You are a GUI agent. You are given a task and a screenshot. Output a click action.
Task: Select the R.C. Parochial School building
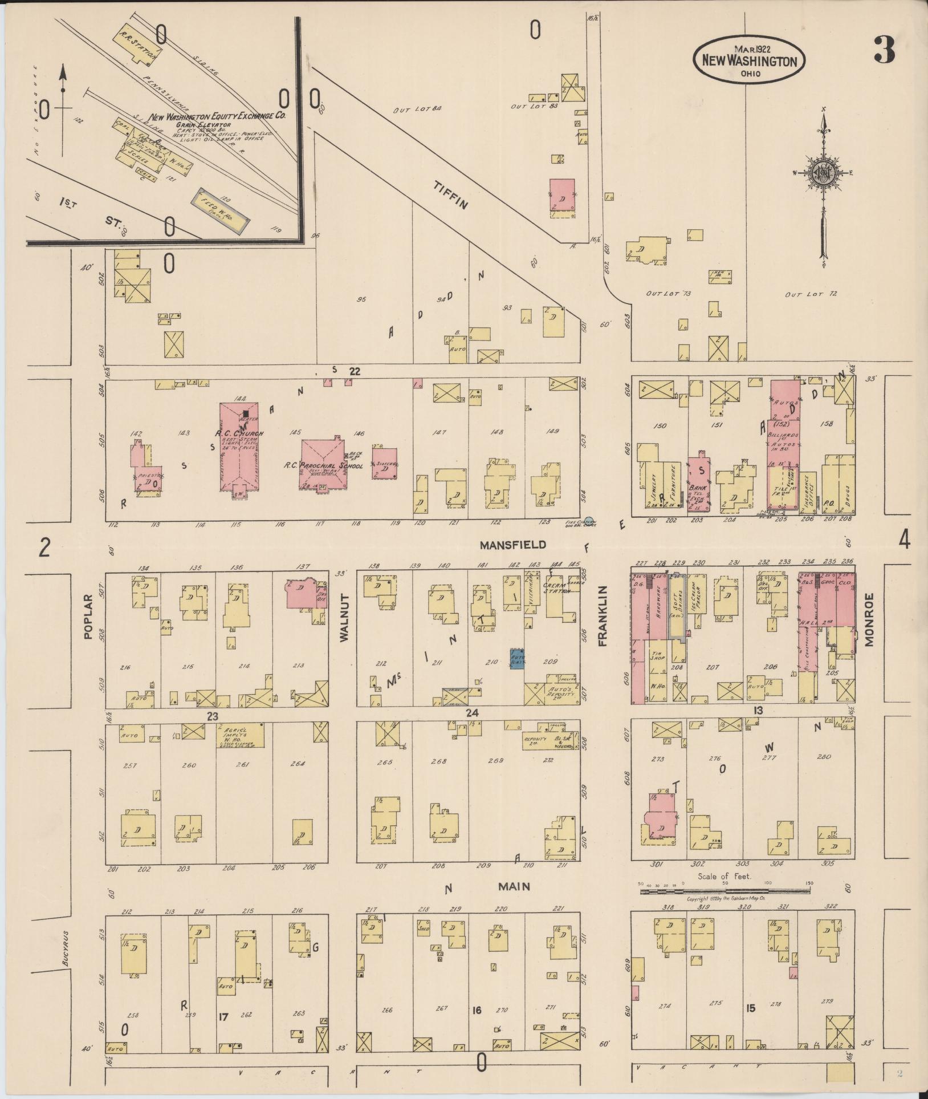pyautogui.click(x=323, y=464)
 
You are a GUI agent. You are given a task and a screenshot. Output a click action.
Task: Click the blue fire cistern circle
pyautogui.click(x=589, y=521)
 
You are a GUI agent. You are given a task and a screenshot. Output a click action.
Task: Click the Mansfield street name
pyautogui.click(x=512, y=545)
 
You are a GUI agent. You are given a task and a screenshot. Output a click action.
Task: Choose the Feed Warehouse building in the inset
pyautogui.click(x=219, y=209)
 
